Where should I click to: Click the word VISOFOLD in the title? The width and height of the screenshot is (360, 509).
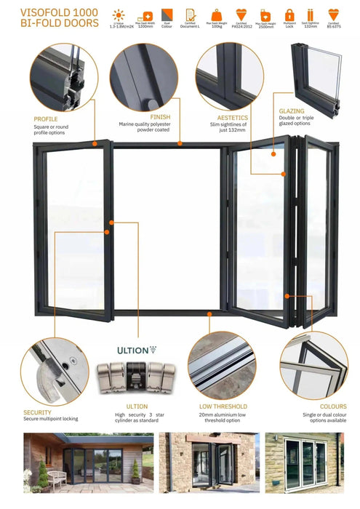pos(36,12)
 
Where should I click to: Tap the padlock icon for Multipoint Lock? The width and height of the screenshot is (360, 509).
pos(289,14)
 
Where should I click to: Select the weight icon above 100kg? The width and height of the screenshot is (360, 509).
pos(216,14)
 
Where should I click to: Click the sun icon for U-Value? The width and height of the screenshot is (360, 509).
pos(119,14)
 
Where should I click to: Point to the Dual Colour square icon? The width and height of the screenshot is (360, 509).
pos(167,14)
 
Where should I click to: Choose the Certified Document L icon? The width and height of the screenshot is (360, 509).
pos(191,14)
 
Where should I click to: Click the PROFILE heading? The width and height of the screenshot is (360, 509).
pos(45,119)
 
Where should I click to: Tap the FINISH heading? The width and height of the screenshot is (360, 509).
pos(160,116)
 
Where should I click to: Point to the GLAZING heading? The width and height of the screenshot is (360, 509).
pos(291,112)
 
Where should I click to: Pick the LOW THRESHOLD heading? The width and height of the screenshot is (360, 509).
pos(223,406)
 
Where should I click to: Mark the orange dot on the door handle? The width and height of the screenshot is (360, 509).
pos(107,232)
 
